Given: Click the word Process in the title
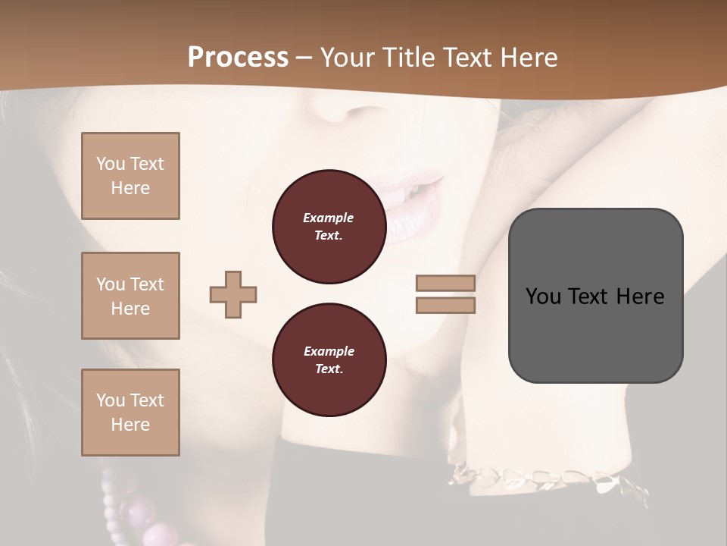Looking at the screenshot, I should (238, 58).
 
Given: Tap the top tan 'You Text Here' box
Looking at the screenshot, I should (130, 176).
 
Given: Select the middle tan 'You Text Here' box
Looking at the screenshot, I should (130, 296).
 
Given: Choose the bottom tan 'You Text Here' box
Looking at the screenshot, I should (130, 413).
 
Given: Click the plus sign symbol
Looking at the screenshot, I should (233, 294).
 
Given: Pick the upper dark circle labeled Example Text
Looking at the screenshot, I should (329, 227).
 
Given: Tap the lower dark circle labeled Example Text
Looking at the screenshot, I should (329, 360).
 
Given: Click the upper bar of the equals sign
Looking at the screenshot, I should (445, 283).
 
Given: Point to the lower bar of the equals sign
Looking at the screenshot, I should (445, 305).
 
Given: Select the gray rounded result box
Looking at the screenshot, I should (595, 296).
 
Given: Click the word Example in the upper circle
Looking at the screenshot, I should (329, 218).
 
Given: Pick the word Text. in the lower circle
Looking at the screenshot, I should (329, 369).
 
